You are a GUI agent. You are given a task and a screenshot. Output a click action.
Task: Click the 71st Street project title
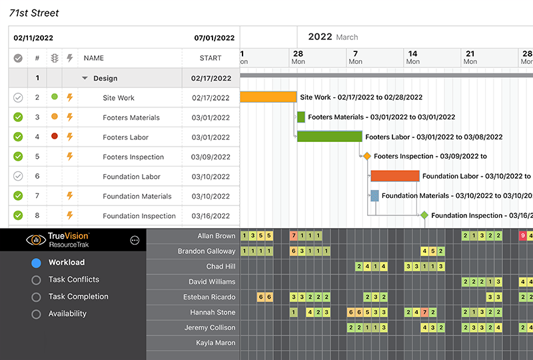pos(34,13)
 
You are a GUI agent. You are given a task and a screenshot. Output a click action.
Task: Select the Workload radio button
pos(37,263)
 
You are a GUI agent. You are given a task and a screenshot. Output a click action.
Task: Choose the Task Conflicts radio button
pos(37,280)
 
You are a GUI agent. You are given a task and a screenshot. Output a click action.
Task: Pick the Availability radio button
pos(37,314)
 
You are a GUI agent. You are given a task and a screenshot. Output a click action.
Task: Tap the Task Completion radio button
pos(37,297)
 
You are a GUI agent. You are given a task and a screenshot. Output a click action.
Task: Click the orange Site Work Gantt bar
pos(268,97)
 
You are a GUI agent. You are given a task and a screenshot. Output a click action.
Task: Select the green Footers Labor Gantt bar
pos(329,137)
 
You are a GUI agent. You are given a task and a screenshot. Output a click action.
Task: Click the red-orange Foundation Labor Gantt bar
pos(395,176)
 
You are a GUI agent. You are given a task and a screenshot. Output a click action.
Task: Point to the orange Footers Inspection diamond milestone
pos(366,157)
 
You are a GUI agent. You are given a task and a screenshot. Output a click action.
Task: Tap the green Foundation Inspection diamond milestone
pos(424,215)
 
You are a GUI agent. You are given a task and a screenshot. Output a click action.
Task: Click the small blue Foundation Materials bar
pos(374,195)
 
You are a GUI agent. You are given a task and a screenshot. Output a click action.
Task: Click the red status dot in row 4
pos(55,137)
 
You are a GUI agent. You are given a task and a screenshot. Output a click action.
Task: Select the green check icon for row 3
pos(18,117)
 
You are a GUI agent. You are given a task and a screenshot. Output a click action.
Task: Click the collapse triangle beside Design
pos(85,78)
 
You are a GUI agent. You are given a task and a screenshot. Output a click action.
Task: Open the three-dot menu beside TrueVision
pos(135,240)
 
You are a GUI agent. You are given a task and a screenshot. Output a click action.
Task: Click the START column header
pos(211,59)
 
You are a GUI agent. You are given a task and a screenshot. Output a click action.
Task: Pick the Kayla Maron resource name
pos(215,343)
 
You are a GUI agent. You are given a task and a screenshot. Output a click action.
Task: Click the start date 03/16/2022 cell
pos(211,216)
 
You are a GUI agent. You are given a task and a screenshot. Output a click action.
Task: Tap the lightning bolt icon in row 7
pos(69,196)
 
